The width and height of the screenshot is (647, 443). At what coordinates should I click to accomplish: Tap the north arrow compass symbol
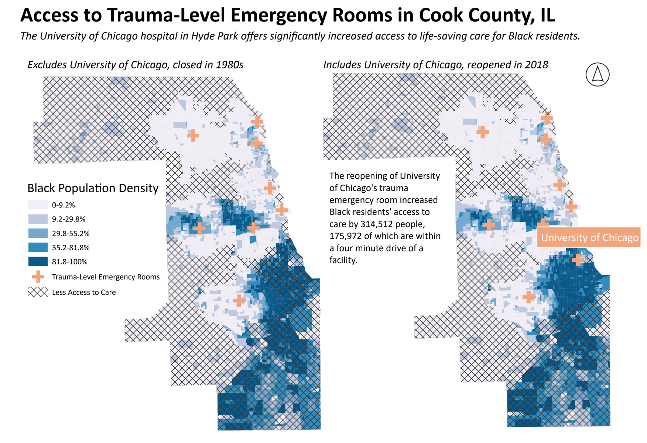(x=597, y=74)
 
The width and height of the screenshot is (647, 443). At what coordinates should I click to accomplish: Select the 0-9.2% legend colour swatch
(x=38, y=205)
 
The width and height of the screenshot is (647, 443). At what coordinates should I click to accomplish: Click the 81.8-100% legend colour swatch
(x=38, y=261)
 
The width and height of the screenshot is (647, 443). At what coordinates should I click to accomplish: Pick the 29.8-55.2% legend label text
(x=71, y=233)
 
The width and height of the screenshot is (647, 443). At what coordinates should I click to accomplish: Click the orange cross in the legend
(x=38, y=277)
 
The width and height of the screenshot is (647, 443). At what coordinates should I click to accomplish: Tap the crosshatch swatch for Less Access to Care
(x=38, y=292)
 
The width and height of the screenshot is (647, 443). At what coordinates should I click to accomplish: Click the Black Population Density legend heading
(x=93, y=188)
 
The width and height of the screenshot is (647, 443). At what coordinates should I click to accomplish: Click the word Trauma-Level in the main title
(x=166, y=16)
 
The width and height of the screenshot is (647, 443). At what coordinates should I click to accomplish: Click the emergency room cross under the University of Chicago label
(x=578, y=260)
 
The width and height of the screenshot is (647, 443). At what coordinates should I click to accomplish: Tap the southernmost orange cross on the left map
(x=239, y=300)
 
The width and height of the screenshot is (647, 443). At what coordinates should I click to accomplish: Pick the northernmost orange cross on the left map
(x=257, y=121)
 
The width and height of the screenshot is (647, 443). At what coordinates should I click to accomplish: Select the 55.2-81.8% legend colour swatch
(x=38, y=247)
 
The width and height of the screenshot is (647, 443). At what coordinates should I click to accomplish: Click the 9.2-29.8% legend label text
(x=69, y=219)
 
